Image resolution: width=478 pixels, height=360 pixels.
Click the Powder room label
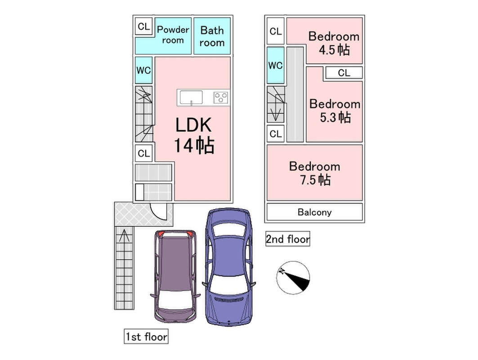pos(173,35)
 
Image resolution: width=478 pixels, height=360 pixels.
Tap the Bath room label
pos(212,36)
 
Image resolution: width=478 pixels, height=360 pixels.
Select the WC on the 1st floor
pos(143,71)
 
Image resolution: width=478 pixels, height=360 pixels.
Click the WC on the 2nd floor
pos(275,65)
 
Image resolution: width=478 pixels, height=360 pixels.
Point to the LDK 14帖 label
pos(193,135)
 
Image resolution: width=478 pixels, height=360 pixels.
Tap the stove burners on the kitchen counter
pos(221,97)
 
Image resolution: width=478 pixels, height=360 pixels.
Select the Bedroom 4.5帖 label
pos(334,43)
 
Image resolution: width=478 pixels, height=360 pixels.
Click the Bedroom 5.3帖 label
pos(335,110)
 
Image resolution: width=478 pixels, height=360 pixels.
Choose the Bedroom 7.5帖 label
pos(315,173)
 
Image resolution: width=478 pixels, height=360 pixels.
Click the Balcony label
pos(314,212)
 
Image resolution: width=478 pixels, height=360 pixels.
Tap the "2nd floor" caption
pos(288,239)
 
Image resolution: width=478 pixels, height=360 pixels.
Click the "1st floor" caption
pos(146,336)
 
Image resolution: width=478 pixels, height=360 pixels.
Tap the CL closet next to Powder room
pos(143,27)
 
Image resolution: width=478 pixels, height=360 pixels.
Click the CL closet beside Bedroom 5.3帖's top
pos(344,73)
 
